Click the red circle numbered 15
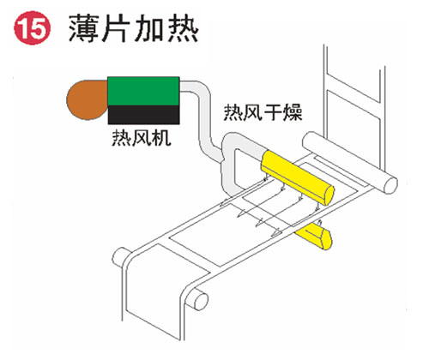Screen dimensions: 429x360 32,28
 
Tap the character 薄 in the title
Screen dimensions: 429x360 83,28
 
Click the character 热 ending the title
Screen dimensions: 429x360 184,28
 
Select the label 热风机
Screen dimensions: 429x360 142,138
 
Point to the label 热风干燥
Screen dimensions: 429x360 263,112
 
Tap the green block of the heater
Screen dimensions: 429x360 143,91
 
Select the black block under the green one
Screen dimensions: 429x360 143,115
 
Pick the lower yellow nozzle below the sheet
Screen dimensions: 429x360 314,235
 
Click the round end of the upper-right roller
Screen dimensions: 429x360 390,185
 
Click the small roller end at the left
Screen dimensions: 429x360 118,255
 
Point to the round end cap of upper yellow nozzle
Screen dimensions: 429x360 329,195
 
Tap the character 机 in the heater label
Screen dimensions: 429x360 161,138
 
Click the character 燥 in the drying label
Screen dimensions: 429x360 293,112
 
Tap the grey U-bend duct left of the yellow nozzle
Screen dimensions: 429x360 229,169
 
